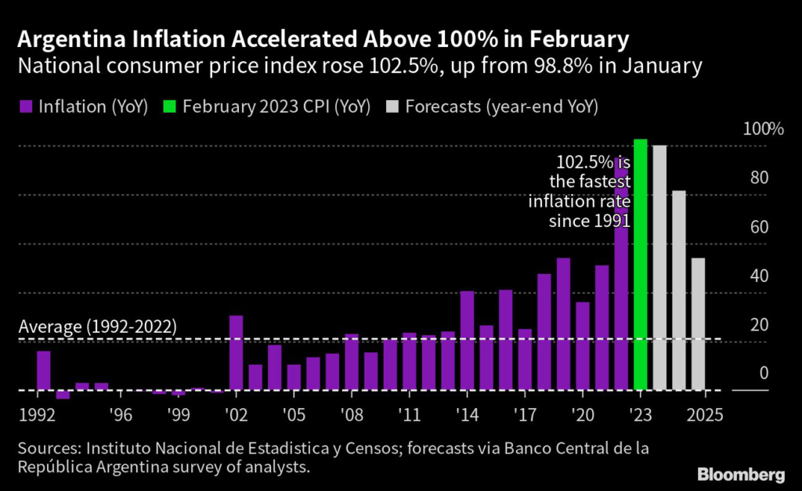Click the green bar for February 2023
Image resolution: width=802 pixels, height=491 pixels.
coord(640,265)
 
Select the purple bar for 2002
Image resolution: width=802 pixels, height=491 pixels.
coord(236,352)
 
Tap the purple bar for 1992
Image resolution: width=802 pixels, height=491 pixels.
coord(44,370)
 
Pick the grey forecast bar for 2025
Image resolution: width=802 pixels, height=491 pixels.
coord(698,324)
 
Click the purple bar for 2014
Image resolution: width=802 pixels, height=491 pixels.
coord(467,341)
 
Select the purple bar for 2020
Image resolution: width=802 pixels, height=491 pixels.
coord(582,346)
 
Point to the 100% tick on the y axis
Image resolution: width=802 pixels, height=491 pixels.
coord(757,129)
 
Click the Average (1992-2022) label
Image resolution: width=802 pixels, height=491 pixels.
coord(97,327)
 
